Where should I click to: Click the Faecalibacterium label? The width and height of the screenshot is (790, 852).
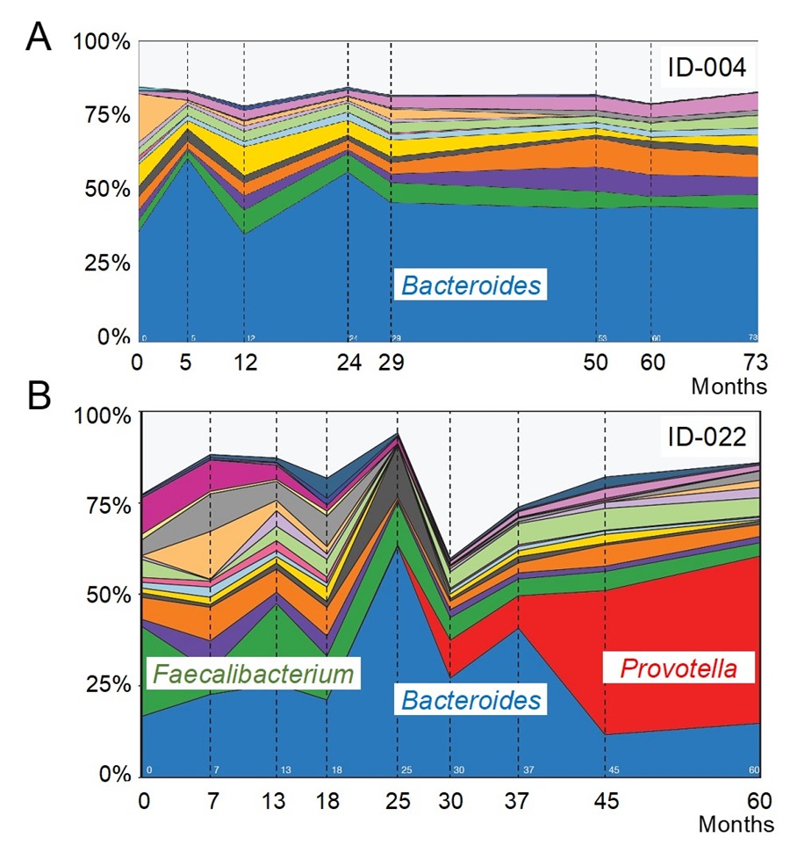click(255, 675)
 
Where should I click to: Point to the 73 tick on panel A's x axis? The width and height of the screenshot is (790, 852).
click(755, 361)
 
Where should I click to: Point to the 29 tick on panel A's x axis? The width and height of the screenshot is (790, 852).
click(391, 361)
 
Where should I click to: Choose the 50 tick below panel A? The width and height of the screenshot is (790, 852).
click(597, 361)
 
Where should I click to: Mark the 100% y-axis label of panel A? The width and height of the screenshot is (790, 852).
click(102, 41)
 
